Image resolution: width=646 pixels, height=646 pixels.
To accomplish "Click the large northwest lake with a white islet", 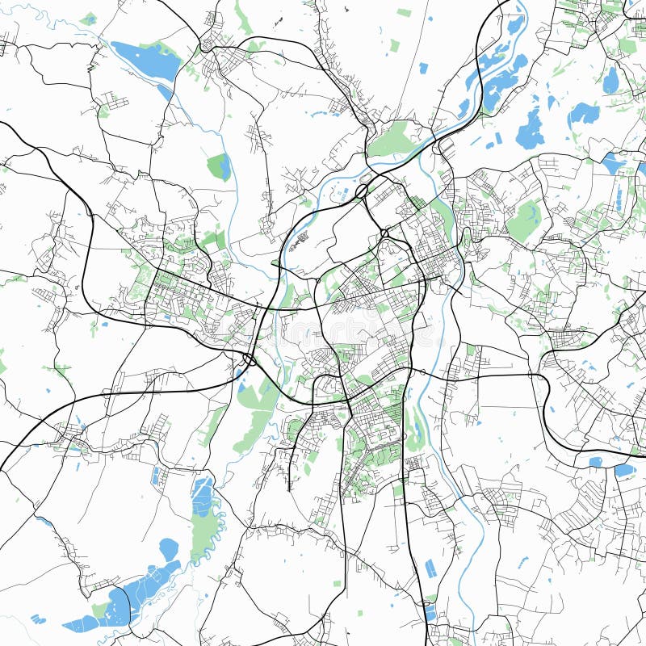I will tap(145, 60).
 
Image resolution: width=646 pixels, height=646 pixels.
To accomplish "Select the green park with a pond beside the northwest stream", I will tap(220, 166).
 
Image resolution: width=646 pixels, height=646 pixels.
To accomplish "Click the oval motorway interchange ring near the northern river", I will tap(362, 191).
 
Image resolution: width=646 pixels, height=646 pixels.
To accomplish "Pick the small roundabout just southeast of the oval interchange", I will tap(385, 233).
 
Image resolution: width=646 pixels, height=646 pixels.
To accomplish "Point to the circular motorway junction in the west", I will tap(250, 359).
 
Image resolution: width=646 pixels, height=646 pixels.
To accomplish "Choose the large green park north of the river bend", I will tap(393, 139).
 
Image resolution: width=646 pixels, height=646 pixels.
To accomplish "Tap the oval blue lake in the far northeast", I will tap(610, 79).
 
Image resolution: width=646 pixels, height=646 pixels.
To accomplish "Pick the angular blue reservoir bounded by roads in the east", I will tap(613, 162).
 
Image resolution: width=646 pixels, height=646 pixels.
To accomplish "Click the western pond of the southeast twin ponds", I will tap(596, 463).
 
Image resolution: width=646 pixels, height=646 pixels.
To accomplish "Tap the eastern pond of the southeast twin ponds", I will tap(624, 469).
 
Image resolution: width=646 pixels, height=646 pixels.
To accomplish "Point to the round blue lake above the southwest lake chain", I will tap(169, 550).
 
